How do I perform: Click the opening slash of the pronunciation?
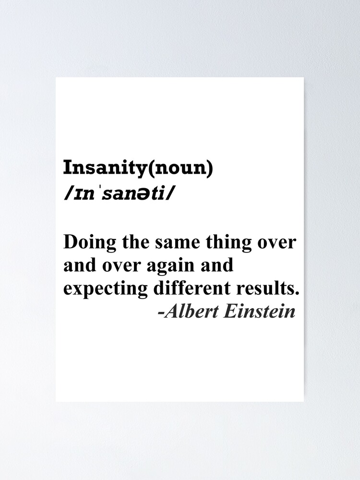pyautogui.click(x=66, y=195)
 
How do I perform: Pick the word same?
pyautogui.click(x=173, y=242)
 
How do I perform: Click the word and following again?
pyautogui.click(x=217, y=265)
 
